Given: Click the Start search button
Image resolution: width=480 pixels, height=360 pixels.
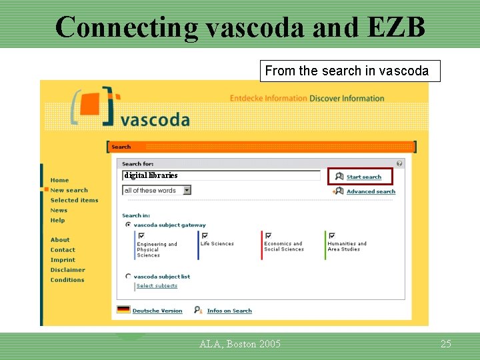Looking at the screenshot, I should [360, 177].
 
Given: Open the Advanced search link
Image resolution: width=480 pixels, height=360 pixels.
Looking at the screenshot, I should [370, 191].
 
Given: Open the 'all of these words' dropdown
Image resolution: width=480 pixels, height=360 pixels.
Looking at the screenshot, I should [187, 190].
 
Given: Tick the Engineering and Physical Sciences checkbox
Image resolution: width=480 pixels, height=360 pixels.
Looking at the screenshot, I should [141, 235].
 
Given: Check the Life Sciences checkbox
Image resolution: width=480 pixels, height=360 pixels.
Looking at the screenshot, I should [205, 235].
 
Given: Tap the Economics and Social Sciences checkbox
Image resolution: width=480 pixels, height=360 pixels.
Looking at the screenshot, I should [268, 235].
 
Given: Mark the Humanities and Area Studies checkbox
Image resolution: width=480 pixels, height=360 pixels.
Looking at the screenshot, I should [331, 235].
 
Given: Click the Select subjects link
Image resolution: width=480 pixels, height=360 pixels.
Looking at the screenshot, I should [157, 286].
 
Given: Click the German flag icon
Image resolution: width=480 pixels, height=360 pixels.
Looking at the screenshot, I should [123, 310].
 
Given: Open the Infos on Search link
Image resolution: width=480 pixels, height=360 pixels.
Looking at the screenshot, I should [229, 311].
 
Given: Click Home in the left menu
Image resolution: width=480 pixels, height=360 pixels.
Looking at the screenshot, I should [59, 180].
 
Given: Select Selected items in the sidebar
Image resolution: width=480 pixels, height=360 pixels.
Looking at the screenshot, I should [74, 200].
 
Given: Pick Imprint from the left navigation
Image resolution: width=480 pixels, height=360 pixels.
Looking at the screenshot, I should [63, 260].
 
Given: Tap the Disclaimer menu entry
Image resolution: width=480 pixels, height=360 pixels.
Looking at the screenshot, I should [67, 270].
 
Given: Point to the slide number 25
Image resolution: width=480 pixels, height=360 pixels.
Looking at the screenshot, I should [446, 344].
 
